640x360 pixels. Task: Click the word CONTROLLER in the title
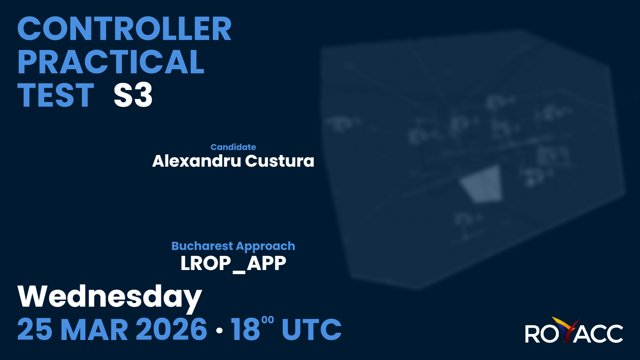(124, 29)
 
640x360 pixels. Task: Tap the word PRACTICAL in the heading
(111, 62)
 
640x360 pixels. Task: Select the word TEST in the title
(56, 95)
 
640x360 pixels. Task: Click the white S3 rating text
(133, 95)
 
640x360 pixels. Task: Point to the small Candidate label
(233, 147)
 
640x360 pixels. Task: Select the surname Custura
(280, 161)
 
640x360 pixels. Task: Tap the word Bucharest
(202, 246)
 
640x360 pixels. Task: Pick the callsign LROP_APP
(233, 264)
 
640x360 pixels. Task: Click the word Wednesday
(110, 297)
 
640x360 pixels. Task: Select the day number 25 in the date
(35, 329)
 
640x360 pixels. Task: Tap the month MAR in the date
(94, 329)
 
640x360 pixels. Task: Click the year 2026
(172, 329)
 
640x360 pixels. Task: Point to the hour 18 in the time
(245, 329)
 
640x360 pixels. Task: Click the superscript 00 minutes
(268, 320)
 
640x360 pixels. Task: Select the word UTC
(312, 329)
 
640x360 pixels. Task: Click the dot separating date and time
(219, 330)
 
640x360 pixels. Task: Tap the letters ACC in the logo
(599, 333)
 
